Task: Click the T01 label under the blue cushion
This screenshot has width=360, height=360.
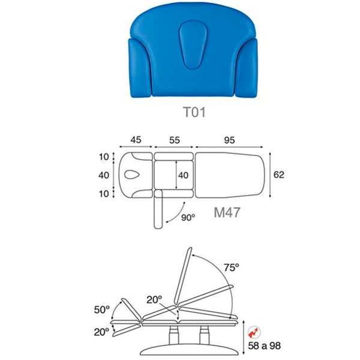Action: point(194,112)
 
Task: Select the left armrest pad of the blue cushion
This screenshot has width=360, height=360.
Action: point(140,68)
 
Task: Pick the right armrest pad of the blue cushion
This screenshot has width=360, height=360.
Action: point(247,68)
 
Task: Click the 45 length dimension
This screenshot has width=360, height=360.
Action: point(136,140)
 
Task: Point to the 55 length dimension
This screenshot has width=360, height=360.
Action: point(175,140)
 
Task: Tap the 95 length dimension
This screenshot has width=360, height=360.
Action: point(229,140)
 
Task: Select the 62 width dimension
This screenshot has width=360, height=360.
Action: point(279,175)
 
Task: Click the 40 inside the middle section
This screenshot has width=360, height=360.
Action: point(183,175)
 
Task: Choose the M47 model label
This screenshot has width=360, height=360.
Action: point(227,212)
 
